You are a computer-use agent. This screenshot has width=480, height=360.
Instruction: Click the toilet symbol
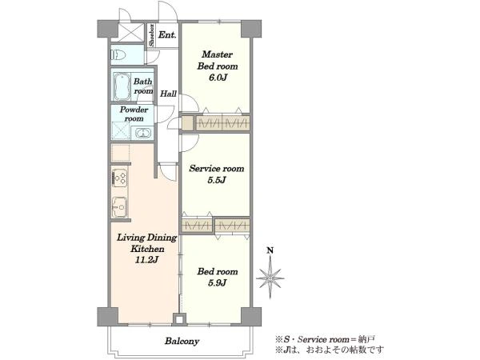[x=118, y=55]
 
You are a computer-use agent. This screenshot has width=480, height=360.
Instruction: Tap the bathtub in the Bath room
[x=122, y=86]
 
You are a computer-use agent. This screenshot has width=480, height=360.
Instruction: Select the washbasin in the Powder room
[x=142, y=133]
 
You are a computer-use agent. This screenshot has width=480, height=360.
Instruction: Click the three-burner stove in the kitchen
[x=119, y=178]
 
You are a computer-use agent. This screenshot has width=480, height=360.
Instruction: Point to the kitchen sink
[x=119, y=207]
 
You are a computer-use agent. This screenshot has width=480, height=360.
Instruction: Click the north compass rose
[x=270, y=278]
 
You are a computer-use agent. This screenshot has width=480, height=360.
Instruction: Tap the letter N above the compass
[x=270, y=250]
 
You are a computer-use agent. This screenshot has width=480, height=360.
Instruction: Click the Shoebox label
[x=151, y=35]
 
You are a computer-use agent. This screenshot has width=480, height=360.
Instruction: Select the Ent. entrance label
[x=167, y=34]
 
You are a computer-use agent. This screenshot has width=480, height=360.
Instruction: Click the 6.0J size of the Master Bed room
[x=218, y=78]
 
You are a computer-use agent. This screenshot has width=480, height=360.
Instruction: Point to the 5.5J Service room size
[x=217, y=180]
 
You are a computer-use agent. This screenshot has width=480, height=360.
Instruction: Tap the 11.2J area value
[x=147, y=260]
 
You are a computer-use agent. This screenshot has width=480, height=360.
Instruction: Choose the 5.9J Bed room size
[x=217, y=283]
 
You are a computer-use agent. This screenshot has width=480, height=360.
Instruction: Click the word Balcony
[x=182, y=341]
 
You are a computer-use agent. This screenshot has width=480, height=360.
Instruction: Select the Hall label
[x=168, y=94]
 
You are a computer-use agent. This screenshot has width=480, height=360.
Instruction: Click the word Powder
[x=134, y=110]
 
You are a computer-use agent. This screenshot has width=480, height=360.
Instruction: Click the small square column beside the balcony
[x=179, y=320]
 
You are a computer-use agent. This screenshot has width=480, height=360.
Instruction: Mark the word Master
[x=218, y=54]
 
